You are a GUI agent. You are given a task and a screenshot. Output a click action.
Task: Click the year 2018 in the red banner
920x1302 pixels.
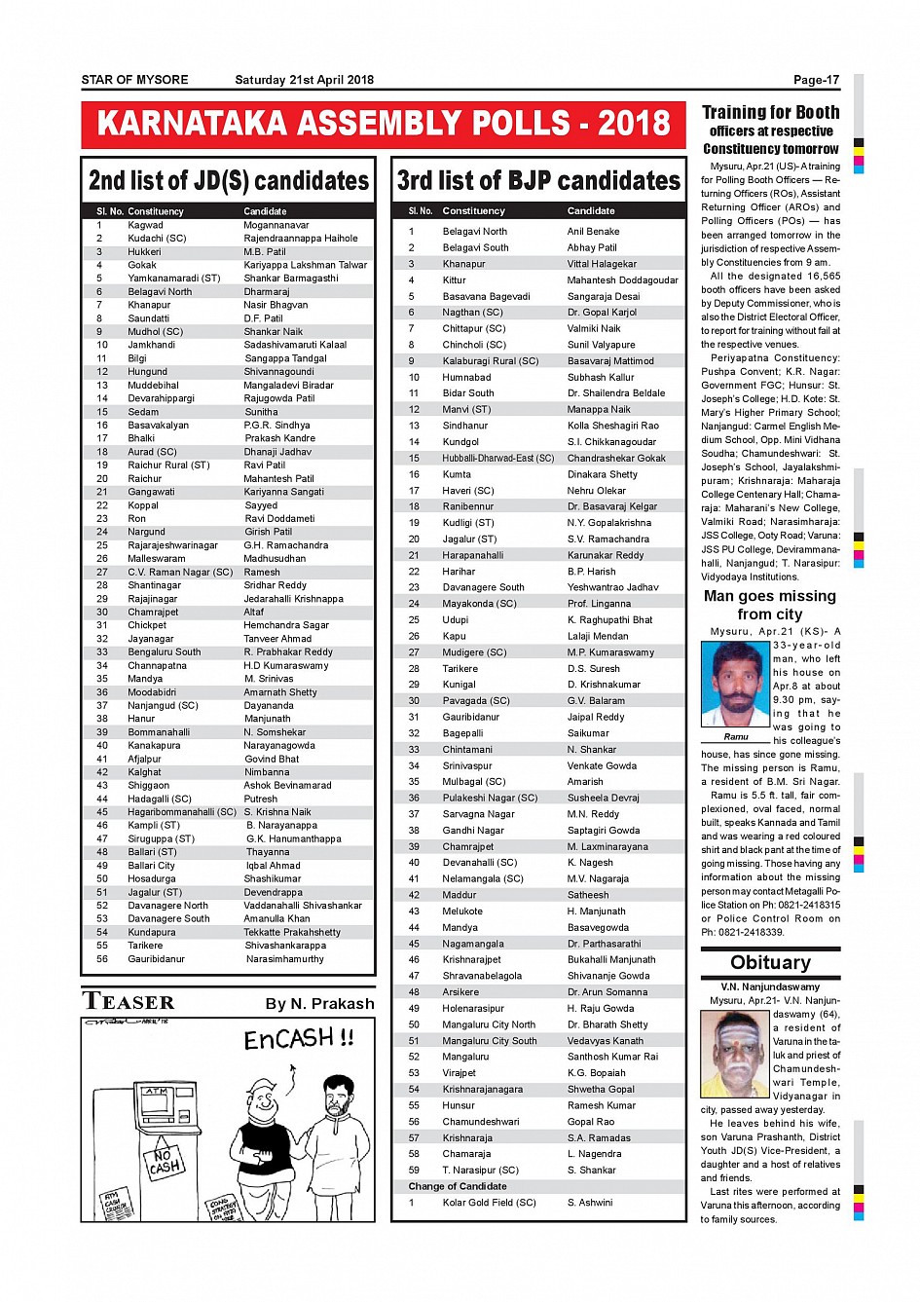pos(634,124)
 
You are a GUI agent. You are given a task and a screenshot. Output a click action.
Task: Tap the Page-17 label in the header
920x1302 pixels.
pos(816,80)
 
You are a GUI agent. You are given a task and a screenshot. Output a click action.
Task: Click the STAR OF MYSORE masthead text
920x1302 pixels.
pos(134,80)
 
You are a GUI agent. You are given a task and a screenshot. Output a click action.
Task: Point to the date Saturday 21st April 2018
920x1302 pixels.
pos(304,80)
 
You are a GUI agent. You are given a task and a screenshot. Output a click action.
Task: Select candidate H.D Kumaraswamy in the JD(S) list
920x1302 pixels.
pos(286,666)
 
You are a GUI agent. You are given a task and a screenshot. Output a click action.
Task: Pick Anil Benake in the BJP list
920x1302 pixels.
pos(593,232)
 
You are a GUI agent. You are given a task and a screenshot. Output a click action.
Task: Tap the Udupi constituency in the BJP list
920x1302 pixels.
pos(455,619)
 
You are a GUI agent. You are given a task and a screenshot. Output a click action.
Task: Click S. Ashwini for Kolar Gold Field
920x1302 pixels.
pos(590,1203)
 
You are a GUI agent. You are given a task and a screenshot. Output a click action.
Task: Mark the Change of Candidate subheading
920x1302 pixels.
pos(457,1186)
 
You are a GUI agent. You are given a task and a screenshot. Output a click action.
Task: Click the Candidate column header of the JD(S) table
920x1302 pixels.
pos(265,211)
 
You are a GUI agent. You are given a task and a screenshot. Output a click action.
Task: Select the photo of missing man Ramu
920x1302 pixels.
pos(735,684)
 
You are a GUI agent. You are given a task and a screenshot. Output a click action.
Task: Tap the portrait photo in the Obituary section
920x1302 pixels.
pos(735,1055)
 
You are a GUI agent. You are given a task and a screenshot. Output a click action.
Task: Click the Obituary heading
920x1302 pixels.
pos(770,963)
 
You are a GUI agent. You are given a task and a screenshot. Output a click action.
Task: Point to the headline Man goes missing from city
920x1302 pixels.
pos(769,605)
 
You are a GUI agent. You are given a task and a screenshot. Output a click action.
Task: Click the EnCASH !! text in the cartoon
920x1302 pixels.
pos(298,1039)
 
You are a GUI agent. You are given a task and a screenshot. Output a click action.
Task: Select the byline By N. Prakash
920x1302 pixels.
pos(319,1004)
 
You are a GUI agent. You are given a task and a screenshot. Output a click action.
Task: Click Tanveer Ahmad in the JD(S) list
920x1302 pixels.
pos(277,639)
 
